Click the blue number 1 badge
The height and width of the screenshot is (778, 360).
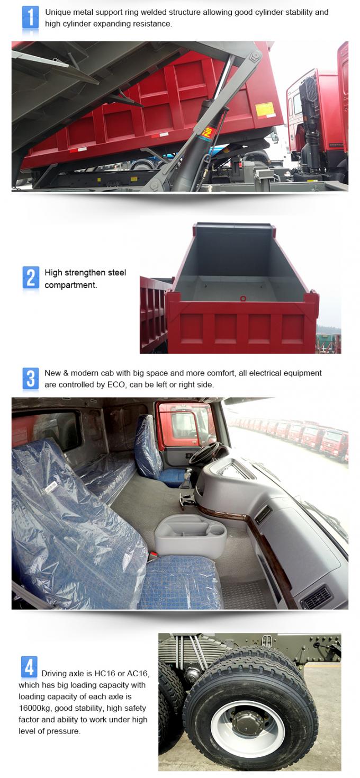coord(31,17)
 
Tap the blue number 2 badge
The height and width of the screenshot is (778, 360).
coord(31,278)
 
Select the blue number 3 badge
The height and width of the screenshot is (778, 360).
coord(31,378)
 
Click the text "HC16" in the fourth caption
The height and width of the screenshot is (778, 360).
coord(105,674)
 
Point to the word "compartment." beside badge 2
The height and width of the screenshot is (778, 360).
coord(71,285)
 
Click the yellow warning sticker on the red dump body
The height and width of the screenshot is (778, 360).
coord(265,110)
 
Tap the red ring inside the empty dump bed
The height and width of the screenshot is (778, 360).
coord(243,298)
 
